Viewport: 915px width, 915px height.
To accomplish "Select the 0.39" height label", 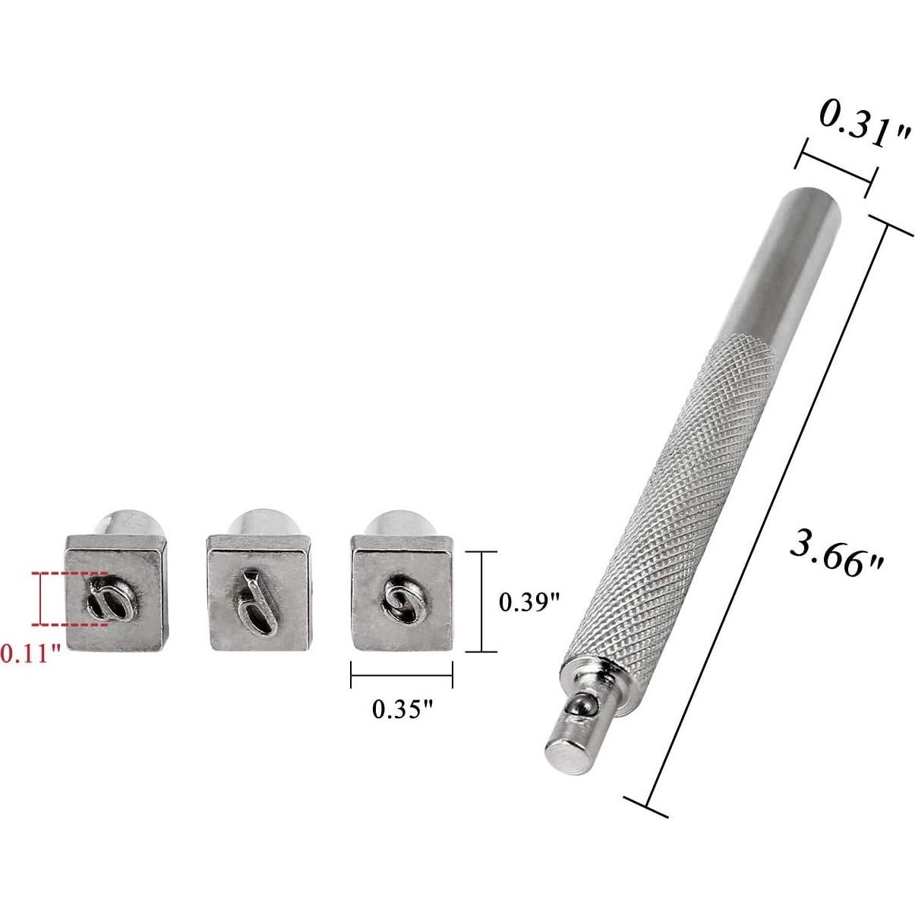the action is (529, 604).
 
